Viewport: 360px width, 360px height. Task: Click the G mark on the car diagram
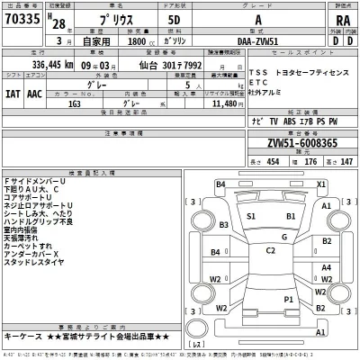pyautogui.click(x=284, y=236)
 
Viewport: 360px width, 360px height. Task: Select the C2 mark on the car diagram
pyautogui.click(x=271, y=250)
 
